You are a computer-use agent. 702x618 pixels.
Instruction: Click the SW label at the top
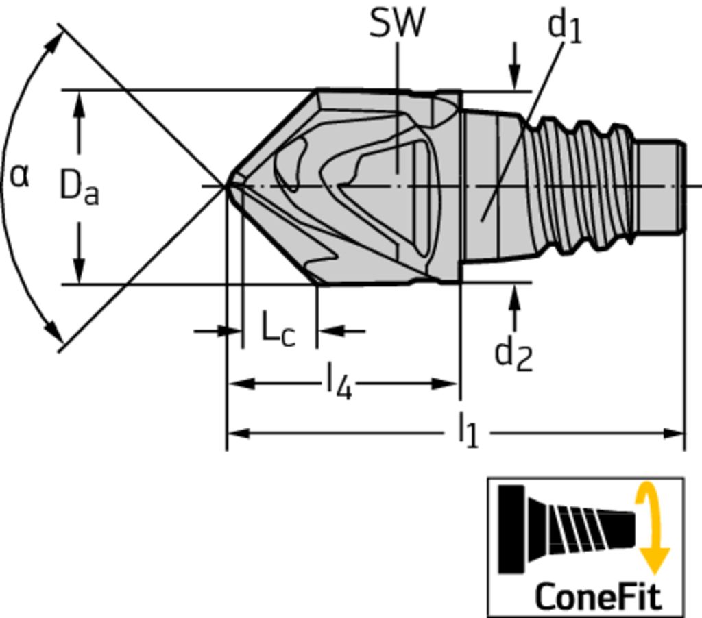coord(397,23)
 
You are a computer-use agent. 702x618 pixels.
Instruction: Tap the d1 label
coord(564,27)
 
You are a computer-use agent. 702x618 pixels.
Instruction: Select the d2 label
coord(513,354)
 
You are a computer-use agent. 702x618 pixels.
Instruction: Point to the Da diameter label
coord(79,188)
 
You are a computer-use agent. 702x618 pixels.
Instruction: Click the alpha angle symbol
coord(20,176)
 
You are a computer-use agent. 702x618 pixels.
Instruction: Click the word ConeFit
coord(598,596)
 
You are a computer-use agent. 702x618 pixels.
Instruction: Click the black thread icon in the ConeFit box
coord(569,528)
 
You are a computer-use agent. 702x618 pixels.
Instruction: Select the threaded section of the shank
coord(583,185)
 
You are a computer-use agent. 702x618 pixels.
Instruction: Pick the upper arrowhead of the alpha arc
coord(54,39)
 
